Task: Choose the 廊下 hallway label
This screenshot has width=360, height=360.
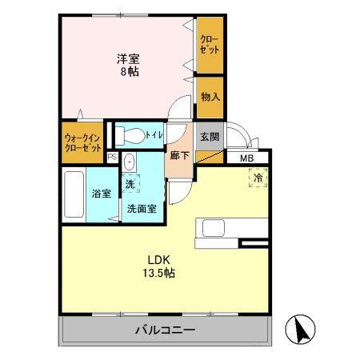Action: [180, 155]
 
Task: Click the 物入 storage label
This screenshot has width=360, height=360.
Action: [210, 97]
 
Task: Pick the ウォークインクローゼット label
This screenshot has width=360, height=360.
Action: [82, 142]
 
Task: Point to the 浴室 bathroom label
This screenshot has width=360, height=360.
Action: [100, 193]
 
